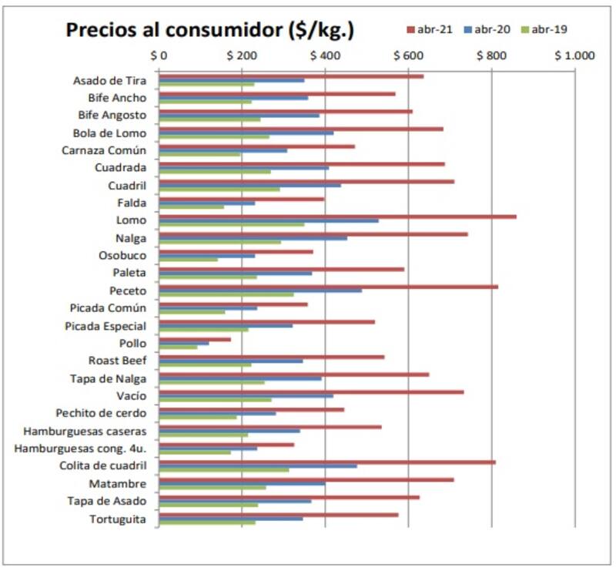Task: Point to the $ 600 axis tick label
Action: click(x=409, y=55)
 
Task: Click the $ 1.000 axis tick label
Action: click(x=574, y=55)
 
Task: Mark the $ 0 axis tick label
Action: click(x=159, y=55)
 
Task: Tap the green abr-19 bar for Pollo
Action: click(x=178, y=347)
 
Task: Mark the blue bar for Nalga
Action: click(x=253, y=238)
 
